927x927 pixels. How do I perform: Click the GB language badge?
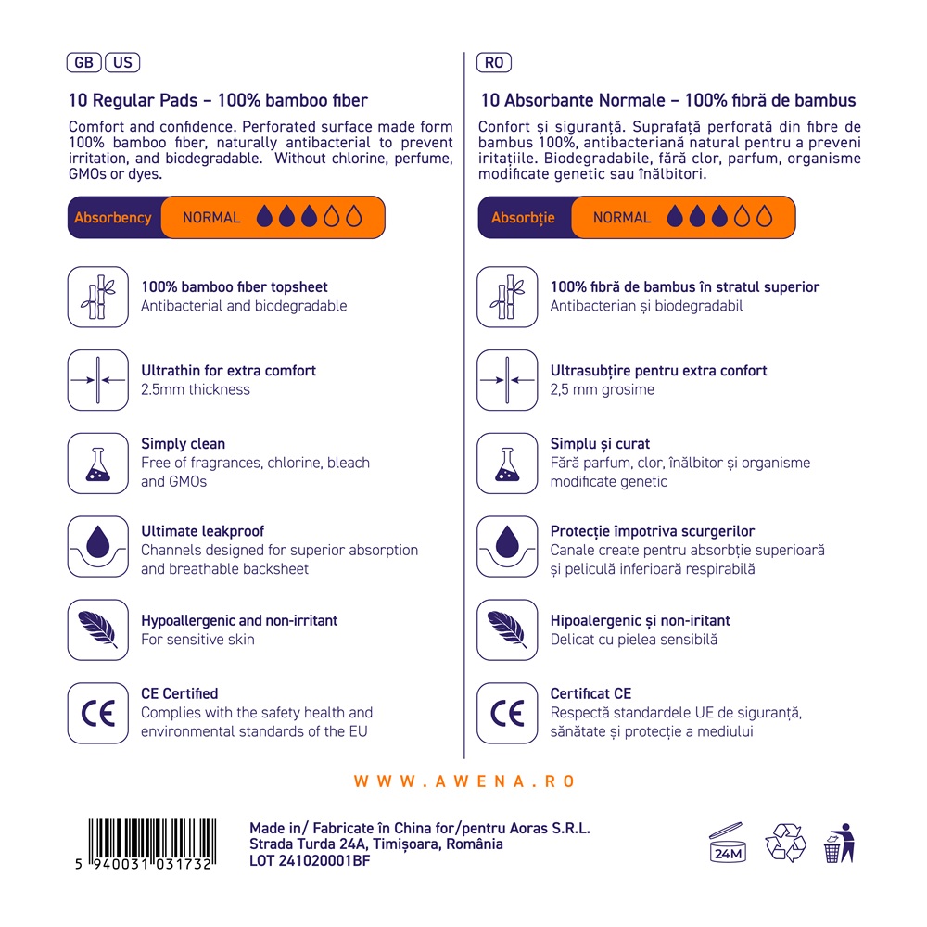pos(84,63)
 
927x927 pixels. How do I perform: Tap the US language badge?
pos(122,63)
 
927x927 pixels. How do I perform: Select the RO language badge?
pos(494,63)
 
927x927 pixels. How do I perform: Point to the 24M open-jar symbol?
pos(727,843)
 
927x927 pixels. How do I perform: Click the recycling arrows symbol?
pos(785,843)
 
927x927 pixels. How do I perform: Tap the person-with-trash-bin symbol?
pos(840,843)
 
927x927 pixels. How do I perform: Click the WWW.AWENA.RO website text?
pos(464,781)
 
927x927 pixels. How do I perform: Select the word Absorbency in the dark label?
pos(113,218)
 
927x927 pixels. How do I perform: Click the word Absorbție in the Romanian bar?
pos(523,218)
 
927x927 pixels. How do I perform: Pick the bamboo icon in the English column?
pos(98,297)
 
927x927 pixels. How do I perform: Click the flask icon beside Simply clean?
pos(98,463)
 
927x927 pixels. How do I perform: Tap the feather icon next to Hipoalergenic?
pos(507,630)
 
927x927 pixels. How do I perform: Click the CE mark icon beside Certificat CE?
pos(507,714)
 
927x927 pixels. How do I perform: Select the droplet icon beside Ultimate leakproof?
pos(98,547)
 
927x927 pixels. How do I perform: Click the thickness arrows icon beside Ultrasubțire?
pos(507,380)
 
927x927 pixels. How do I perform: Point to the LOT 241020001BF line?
pos(310,861)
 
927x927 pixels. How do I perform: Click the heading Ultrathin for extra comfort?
pos(228,371)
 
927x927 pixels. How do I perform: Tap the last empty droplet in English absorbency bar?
pos(354,217)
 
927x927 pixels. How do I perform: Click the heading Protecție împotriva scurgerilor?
pos(653,531)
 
